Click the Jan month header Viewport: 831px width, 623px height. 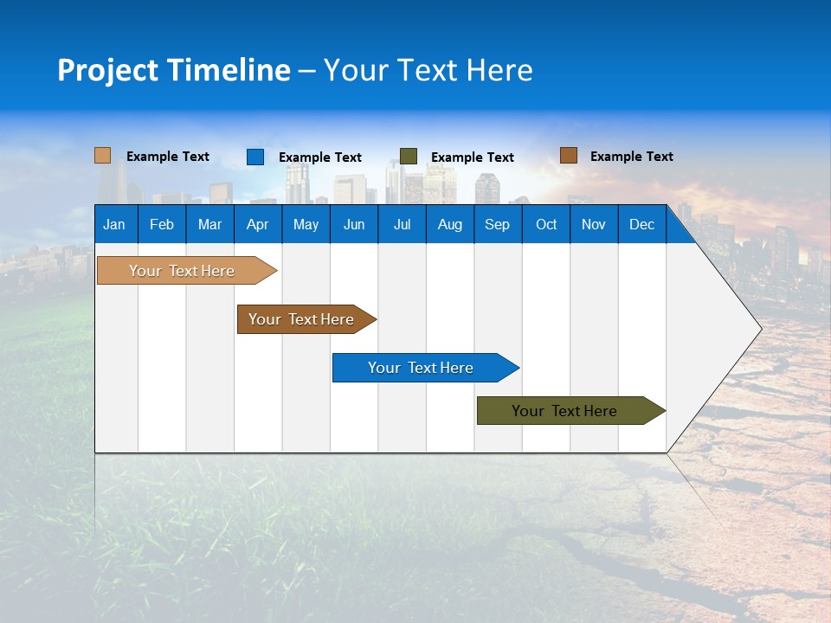114,224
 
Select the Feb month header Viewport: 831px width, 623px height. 162,224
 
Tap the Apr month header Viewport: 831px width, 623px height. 257,224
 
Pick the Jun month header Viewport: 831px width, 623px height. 354,224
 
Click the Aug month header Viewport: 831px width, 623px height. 449,224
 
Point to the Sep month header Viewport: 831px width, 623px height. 497,224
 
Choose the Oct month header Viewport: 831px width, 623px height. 546,224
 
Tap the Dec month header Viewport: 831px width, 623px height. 641,224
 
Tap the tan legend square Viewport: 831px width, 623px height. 103,156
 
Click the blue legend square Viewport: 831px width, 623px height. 255,157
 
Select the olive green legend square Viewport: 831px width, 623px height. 409,157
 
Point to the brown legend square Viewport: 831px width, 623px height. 568,156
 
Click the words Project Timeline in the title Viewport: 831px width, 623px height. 174,70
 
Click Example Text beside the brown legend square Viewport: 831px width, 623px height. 631,157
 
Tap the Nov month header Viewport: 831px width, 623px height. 594,224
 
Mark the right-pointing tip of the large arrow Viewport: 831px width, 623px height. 759,328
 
